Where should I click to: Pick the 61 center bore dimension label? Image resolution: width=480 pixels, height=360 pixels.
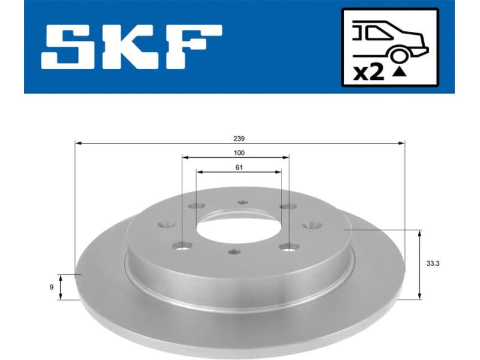[x=239, y=167]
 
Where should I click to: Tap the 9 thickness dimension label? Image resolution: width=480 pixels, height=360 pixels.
[x=52, y=287]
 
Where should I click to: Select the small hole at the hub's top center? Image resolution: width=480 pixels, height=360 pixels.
[x=242, y=202]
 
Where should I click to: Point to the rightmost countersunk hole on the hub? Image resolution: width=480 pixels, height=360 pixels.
[x=312, y=225]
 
